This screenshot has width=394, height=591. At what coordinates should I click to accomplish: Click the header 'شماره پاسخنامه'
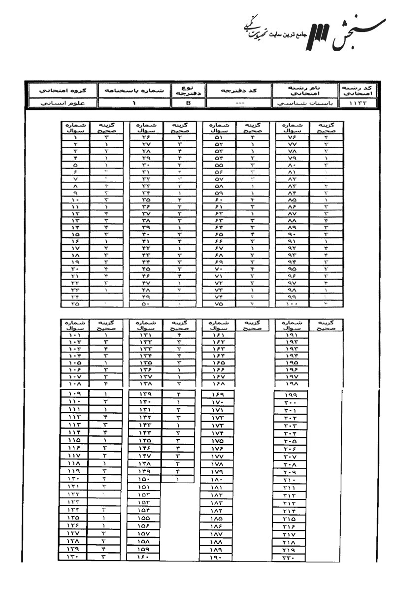point(132,91)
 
